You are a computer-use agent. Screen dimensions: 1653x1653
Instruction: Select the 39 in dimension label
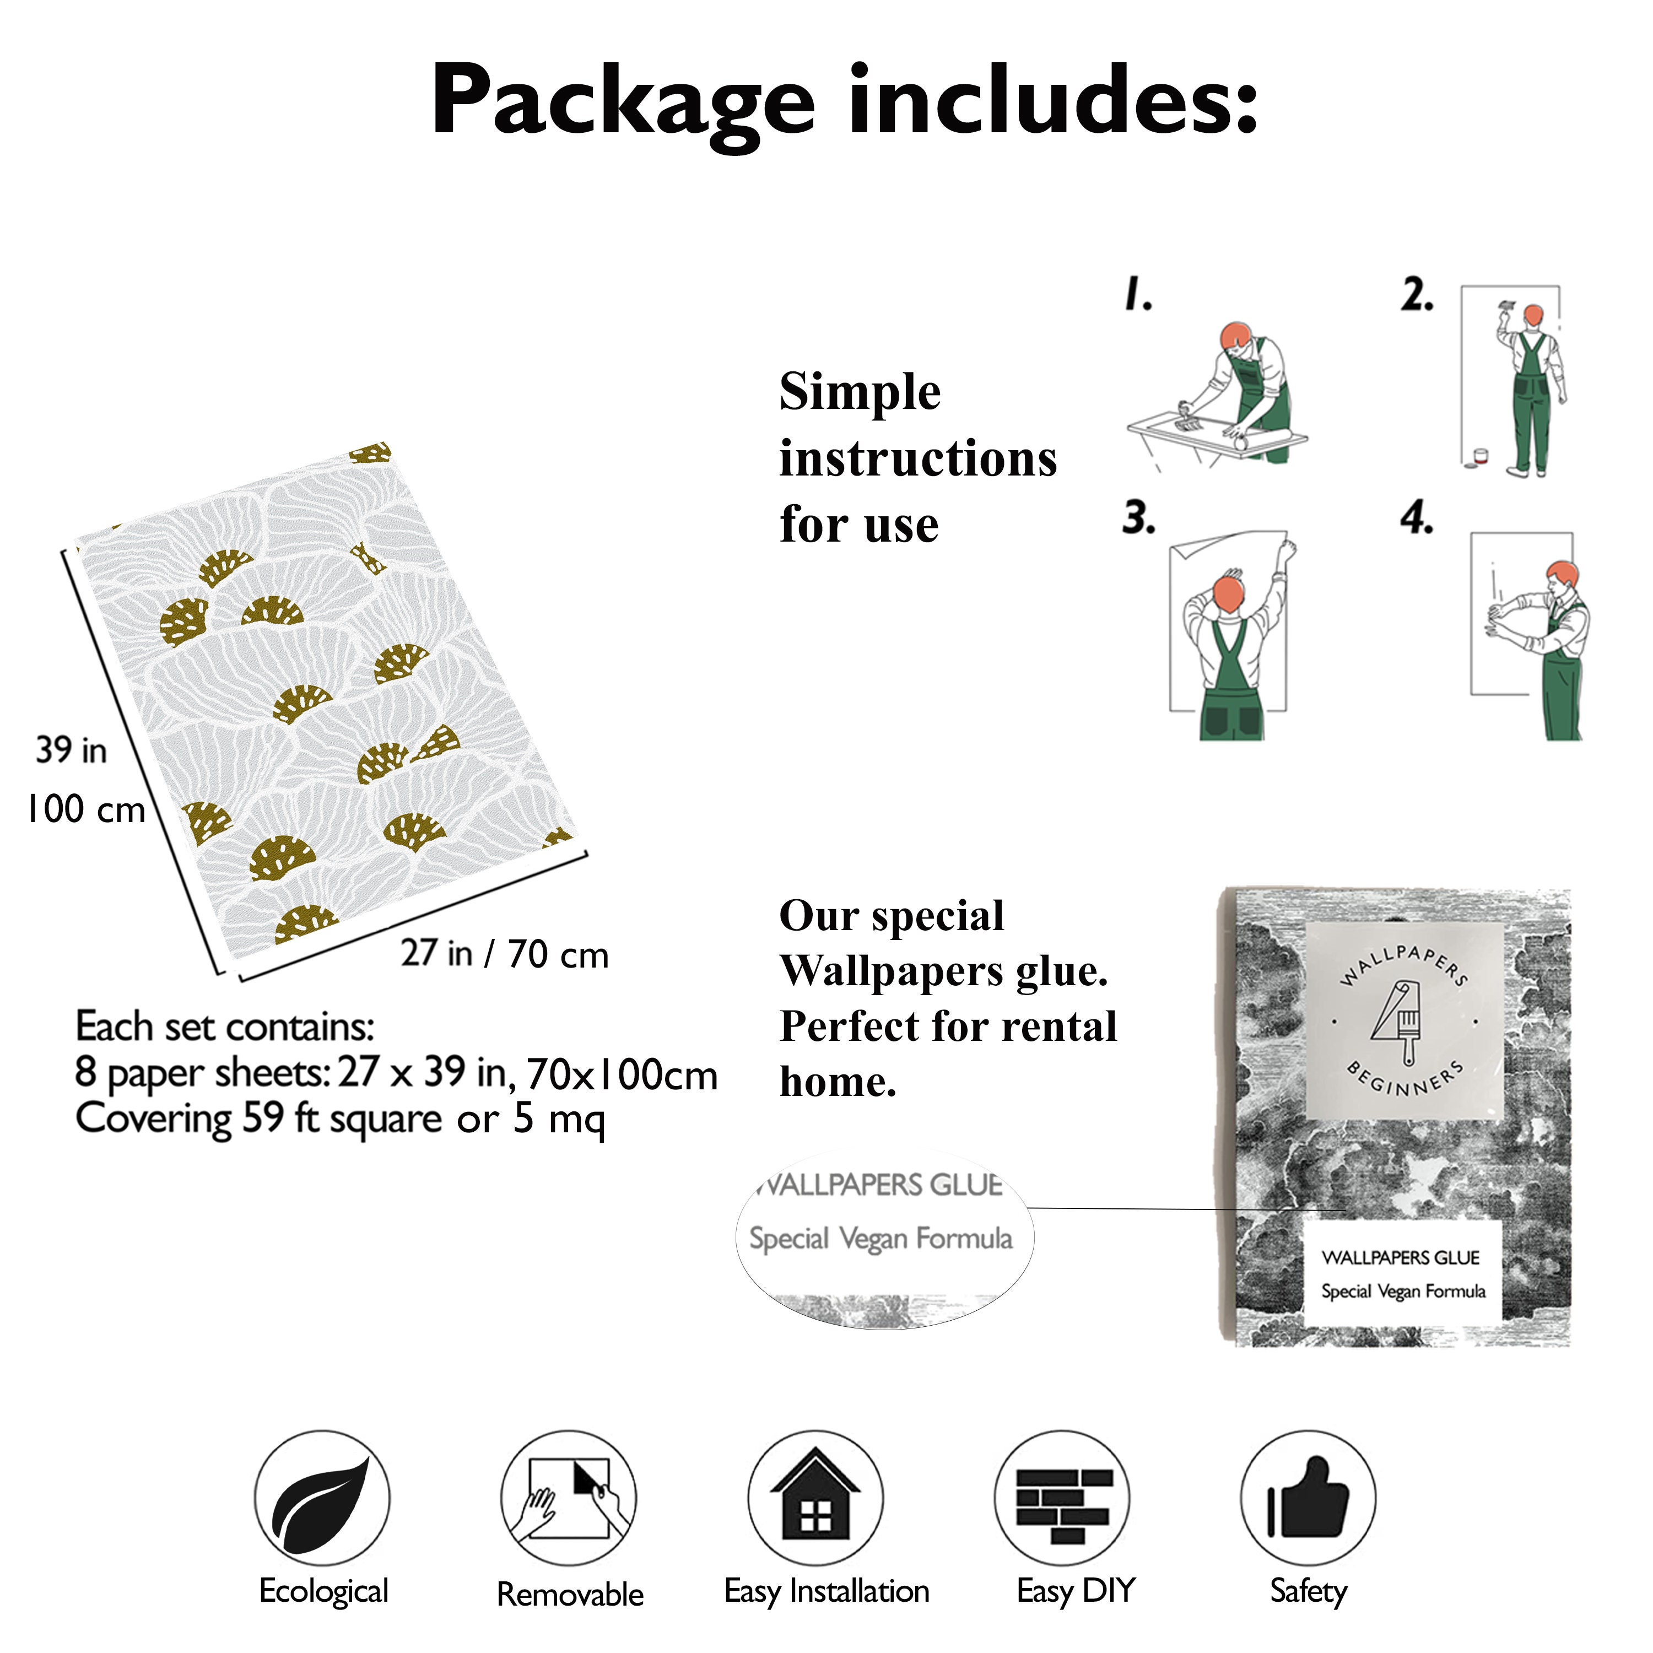point(71,750)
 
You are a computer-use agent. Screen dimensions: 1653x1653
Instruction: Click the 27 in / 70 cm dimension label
point(505,954)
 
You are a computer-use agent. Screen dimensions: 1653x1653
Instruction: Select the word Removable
point(570,1595)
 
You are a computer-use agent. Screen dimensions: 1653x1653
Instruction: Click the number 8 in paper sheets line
point(85,1072)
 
